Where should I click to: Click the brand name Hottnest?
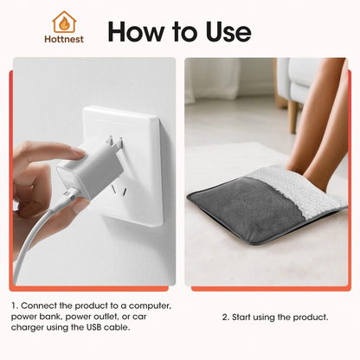(63, 39)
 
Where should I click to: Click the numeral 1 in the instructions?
(14, 306)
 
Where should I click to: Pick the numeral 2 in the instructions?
(225, 318)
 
